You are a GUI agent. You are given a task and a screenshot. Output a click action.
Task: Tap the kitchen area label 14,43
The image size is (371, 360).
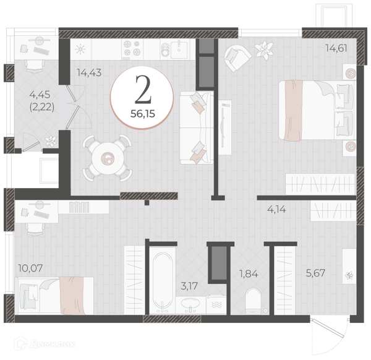[x=89, y=72]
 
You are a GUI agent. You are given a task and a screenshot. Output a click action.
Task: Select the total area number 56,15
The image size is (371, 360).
[x=143, y=114]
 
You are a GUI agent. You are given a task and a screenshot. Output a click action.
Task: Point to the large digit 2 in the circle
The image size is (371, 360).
[x=143, y=90]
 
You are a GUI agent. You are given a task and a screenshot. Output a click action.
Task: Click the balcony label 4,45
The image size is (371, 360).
[x=40, y=95]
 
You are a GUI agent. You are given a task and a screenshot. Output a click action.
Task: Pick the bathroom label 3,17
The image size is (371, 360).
[x=189, y=286]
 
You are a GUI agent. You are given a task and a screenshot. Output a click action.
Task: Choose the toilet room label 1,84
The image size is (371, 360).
[x=249, y=274]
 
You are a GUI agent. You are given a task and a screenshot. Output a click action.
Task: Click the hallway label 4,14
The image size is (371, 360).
[x=276, y=209]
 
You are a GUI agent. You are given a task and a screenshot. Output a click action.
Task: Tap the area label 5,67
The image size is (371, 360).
[x=315, y=273]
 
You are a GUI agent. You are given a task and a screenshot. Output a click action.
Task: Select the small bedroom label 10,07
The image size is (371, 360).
[x=30, y=268]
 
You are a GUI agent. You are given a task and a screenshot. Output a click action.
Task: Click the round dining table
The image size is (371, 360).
[x=108, y=158]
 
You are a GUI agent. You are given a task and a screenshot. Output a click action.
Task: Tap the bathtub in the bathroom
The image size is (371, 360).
[x=163, y=281]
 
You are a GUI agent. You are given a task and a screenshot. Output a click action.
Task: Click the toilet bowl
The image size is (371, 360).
[x=253, y=301]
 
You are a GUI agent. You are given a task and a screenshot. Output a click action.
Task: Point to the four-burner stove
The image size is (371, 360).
[x=132, y=49]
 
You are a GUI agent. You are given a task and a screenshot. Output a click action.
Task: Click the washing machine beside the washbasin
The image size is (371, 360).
[x=216, y=305]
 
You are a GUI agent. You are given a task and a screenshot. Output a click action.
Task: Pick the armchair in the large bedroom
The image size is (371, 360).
[x=237, y=58]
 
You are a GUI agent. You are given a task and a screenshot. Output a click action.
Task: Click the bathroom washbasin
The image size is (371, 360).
[x=190, y=304]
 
